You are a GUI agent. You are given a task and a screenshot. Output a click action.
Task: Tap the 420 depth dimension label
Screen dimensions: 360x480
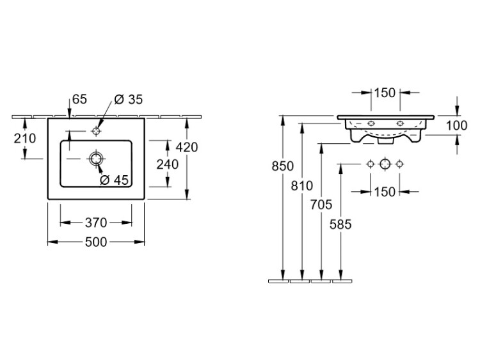click(x=187, y=147)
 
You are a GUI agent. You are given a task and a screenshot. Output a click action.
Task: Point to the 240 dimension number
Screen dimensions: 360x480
click(x=168, y=165)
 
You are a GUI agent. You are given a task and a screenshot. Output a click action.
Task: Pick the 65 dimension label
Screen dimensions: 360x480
click(x=79, y=99)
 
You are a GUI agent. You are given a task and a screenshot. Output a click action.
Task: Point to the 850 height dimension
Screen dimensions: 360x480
click(x=282, y=166)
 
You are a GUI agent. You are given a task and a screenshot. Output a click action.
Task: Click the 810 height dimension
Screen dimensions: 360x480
click(x=301, y=186)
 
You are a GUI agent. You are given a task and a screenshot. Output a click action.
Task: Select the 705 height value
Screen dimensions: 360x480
click(x=321, y=205)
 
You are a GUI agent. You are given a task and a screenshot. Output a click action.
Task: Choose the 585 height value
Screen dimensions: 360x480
click(x=340, y=224)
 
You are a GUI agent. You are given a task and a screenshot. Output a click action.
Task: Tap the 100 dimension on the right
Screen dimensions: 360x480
click(x=456, y=125)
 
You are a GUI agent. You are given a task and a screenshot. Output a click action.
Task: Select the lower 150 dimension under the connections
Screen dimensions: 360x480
click(x=385, y=191)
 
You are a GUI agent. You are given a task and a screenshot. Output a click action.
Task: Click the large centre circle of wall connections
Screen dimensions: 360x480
click(x=385, y=164)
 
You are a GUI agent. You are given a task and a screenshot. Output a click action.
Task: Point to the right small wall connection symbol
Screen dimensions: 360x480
click(x=400, y=164)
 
